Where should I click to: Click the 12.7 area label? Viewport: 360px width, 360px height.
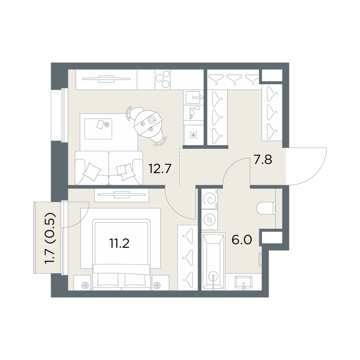click(160, 169)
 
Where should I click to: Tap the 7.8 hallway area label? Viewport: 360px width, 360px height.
click(263, 159)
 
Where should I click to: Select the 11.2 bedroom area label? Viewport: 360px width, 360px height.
click(120, 243)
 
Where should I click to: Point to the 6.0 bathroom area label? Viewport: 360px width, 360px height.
click(242, 240)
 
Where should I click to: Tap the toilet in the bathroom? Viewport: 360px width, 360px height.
click(266, 208)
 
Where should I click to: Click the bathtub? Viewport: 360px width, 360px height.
click(213, 261)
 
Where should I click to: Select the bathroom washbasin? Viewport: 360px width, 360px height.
click(244, 282)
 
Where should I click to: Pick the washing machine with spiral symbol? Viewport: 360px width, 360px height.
click(210, 199)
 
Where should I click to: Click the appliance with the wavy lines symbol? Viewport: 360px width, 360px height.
click(210, 219)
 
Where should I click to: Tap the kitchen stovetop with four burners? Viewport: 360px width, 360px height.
click(163, 80)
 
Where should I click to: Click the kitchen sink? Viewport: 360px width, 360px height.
click(193, 97)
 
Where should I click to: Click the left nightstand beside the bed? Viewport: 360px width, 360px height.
click(83, 283)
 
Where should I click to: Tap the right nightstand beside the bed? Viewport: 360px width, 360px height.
click(161, 283)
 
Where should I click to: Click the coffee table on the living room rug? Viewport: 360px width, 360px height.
click(98, 129)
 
